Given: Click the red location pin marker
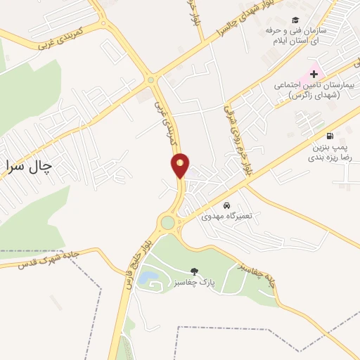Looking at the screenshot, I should click(181, 165).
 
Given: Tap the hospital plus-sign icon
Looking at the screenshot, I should click(314, 74).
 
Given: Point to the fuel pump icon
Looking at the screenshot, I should click(330, 136).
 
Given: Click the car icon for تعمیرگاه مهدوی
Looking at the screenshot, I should click(226, 205).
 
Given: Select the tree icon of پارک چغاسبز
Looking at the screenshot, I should click(194, 271).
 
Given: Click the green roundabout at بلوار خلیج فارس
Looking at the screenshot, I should click(167, 223).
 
